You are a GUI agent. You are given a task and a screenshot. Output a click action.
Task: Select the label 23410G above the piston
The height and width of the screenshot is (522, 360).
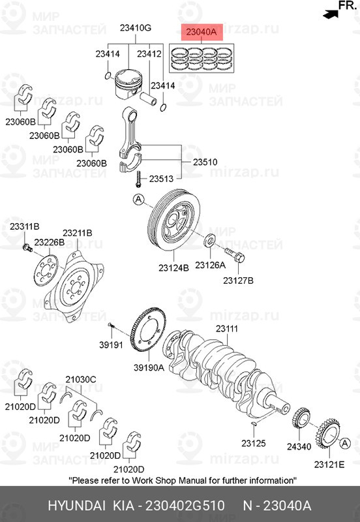135,28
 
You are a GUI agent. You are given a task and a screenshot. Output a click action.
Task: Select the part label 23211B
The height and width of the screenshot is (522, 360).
77,233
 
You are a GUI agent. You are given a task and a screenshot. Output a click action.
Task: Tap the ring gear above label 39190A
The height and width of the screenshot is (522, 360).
149,333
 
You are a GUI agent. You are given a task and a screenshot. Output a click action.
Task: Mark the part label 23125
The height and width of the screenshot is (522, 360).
253,444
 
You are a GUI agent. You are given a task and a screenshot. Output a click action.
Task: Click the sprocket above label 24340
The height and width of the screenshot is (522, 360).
302,418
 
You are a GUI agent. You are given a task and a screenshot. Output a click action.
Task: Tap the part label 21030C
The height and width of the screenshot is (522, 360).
81,379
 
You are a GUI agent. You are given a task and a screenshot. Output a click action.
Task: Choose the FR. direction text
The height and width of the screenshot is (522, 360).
346,7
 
